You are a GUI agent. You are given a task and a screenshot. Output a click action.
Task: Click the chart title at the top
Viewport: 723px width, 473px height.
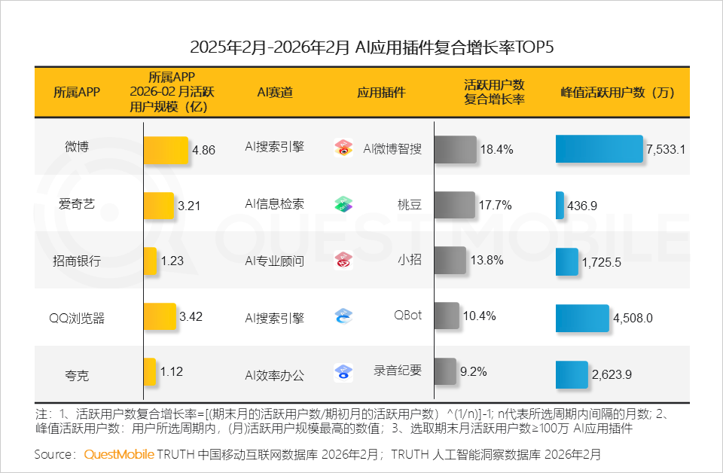pos(361,47)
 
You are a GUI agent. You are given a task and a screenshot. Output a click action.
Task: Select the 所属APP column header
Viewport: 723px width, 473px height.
pos(76,92)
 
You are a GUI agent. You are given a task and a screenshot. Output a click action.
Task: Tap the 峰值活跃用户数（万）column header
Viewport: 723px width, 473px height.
pos(617,92)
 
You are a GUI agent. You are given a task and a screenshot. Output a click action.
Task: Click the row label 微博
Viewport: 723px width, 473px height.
pos(76,148)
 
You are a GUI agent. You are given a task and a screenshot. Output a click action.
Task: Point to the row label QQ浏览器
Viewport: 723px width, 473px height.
pos(76,318)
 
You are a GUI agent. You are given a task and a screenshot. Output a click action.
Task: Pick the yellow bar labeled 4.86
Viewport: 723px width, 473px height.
pos(166,149)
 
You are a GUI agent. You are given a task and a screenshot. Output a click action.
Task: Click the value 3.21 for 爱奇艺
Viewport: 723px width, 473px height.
pos(188,205)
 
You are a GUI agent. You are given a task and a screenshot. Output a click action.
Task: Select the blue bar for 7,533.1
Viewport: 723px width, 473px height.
pos(599,149)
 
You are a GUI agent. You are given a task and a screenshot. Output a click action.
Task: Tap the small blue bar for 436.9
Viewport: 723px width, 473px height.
pos(560,205)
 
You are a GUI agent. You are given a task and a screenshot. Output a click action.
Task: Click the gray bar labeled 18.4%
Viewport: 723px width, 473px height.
pos(455,149)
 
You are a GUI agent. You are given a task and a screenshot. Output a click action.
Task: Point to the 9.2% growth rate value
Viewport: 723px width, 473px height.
pos(473,371)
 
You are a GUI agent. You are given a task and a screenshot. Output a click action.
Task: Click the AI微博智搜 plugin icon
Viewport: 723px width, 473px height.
pos(343,148)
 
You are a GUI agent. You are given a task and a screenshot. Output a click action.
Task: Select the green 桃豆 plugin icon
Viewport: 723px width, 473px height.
pos(343,204)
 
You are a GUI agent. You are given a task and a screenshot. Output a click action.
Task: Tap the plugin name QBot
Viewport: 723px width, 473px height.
pos(407,316)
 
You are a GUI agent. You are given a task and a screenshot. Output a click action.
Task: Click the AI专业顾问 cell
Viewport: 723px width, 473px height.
pos(275,261)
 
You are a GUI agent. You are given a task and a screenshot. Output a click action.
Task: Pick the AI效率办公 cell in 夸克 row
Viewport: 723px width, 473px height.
pos(275,374)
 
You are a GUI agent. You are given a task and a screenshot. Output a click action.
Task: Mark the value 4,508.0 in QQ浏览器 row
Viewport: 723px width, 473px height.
pos(633,319)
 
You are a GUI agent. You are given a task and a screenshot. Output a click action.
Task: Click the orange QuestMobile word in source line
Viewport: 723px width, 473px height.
pos(119,455)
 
